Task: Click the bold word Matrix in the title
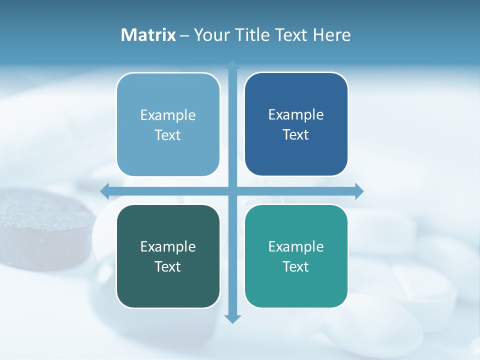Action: pos(148,35)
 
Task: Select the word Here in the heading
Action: pos(331,35)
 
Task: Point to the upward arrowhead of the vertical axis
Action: pos(232,65)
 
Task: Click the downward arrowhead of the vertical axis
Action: pos(232,318)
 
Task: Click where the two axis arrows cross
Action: pos(232,191)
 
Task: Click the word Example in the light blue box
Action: pos(168,115)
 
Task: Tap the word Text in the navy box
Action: pos(296,135)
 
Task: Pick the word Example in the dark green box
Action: pos(168,246)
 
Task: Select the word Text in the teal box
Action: pos(296,266)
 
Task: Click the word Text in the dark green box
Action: pos(168,266)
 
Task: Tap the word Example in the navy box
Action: pos(296,115)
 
